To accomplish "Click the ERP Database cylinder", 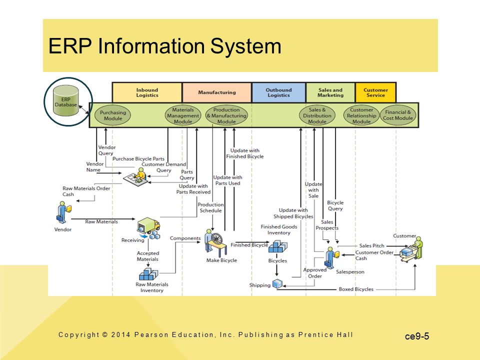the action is point(65,100).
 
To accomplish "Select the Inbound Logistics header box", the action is point(147,92).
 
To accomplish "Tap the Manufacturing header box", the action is point(216,92).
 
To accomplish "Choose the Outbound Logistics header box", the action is point(278,92).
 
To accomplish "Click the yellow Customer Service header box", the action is point(375,92).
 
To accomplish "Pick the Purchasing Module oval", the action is point(113,115).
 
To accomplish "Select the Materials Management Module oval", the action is point(183,115).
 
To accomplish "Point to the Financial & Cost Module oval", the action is point(398,115).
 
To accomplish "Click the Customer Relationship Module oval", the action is point(361,115).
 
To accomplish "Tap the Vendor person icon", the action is point(63,212).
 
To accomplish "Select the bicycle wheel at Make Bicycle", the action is point(216,239).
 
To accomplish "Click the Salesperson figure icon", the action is point(331,257).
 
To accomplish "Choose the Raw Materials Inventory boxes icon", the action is point(148,274).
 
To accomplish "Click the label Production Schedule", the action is point(210,207).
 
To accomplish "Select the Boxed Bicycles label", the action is point(356,289).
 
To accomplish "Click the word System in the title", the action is point(246,46).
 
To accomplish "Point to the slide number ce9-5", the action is point(417,336).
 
